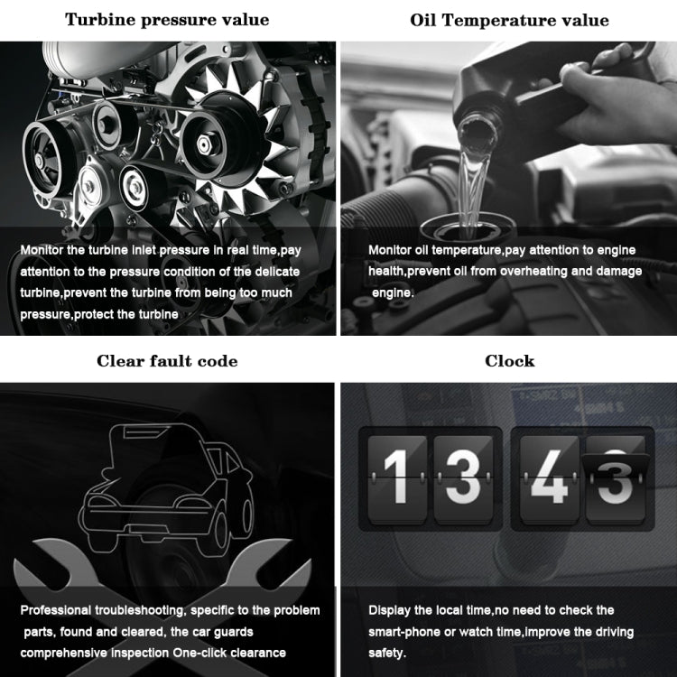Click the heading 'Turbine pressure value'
168,20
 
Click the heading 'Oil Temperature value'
509,20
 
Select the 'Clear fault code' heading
167,361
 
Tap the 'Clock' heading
509,361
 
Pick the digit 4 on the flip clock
548,474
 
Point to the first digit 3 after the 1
463,474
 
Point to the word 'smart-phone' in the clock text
407,632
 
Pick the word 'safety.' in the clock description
388,652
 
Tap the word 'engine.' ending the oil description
394,292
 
